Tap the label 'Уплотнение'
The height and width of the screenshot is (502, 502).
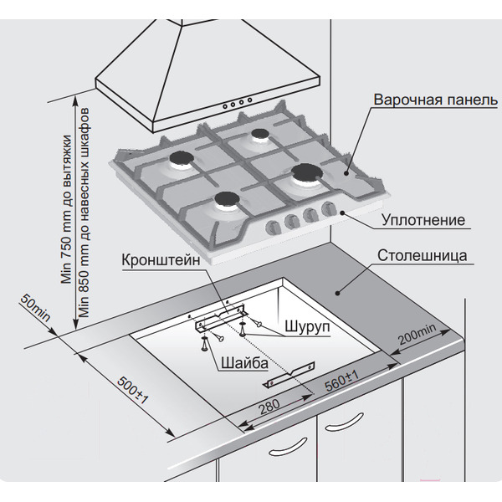pyautogui.click(x=423, y=221)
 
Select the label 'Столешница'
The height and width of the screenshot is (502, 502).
pyautogui.click(x=422, y=255)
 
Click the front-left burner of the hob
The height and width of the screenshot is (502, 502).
pyautogui.click(x=225, y=199)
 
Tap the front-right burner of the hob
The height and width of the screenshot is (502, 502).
pyautogui.click(x=304, y=175)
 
